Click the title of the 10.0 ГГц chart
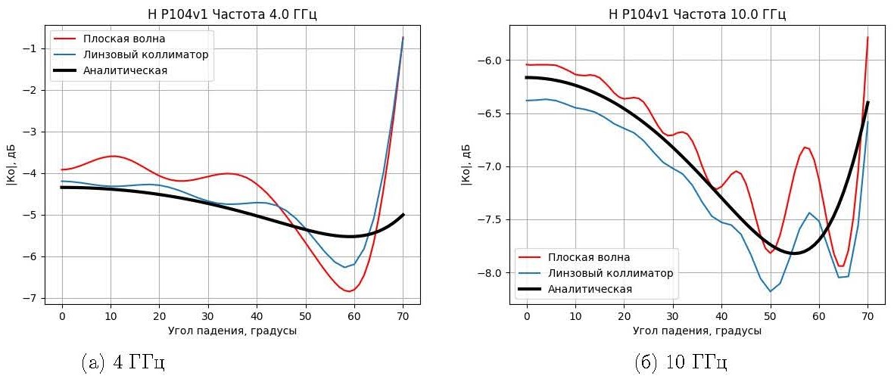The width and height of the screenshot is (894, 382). click(697, 14)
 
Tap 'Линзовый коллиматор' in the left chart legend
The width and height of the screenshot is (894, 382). click(145, 54)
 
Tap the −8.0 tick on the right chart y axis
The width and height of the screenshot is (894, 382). click(490, 273)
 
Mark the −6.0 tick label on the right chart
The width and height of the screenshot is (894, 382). click(490, 61)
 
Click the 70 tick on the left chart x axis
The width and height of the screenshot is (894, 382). click(403, 318)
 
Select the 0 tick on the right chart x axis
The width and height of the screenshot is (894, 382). click(527, 318)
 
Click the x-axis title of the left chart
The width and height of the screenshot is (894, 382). click(232, 331)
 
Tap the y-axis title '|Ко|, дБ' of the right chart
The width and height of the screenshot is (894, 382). click(467, 164)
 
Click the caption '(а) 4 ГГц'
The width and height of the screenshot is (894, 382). click(123, 362)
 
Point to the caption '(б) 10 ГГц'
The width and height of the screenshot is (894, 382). click(681, 362)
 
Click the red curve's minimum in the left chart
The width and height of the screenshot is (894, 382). click(349, 291)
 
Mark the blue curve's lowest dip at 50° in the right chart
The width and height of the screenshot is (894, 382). click(770, 291)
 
